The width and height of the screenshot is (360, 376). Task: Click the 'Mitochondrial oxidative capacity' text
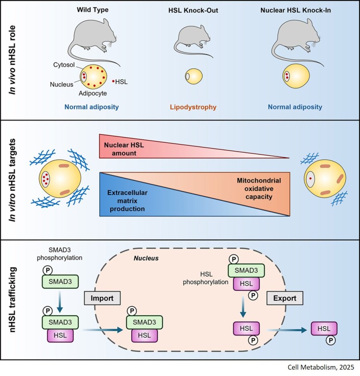click(x=259, y=188)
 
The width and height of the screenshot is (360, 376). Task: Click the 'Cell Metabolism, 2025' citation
click(x=321, y=367)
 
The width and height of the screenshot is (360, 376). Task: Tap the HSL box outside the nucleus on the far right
click(x=324, y=329)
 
